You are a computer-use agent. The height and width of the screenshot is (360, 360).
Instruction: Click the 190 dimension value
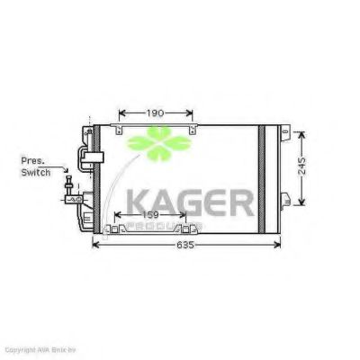(155, 113)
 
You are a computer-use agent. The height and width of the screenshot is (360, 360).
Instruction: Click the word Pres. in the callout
(33, 160)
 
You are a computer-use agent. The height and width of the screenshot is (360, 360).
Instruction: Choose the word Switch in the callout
(35, 171)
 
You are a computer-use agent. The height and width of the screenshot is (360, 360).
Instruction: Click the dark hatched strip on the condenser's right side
(262, 179)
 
